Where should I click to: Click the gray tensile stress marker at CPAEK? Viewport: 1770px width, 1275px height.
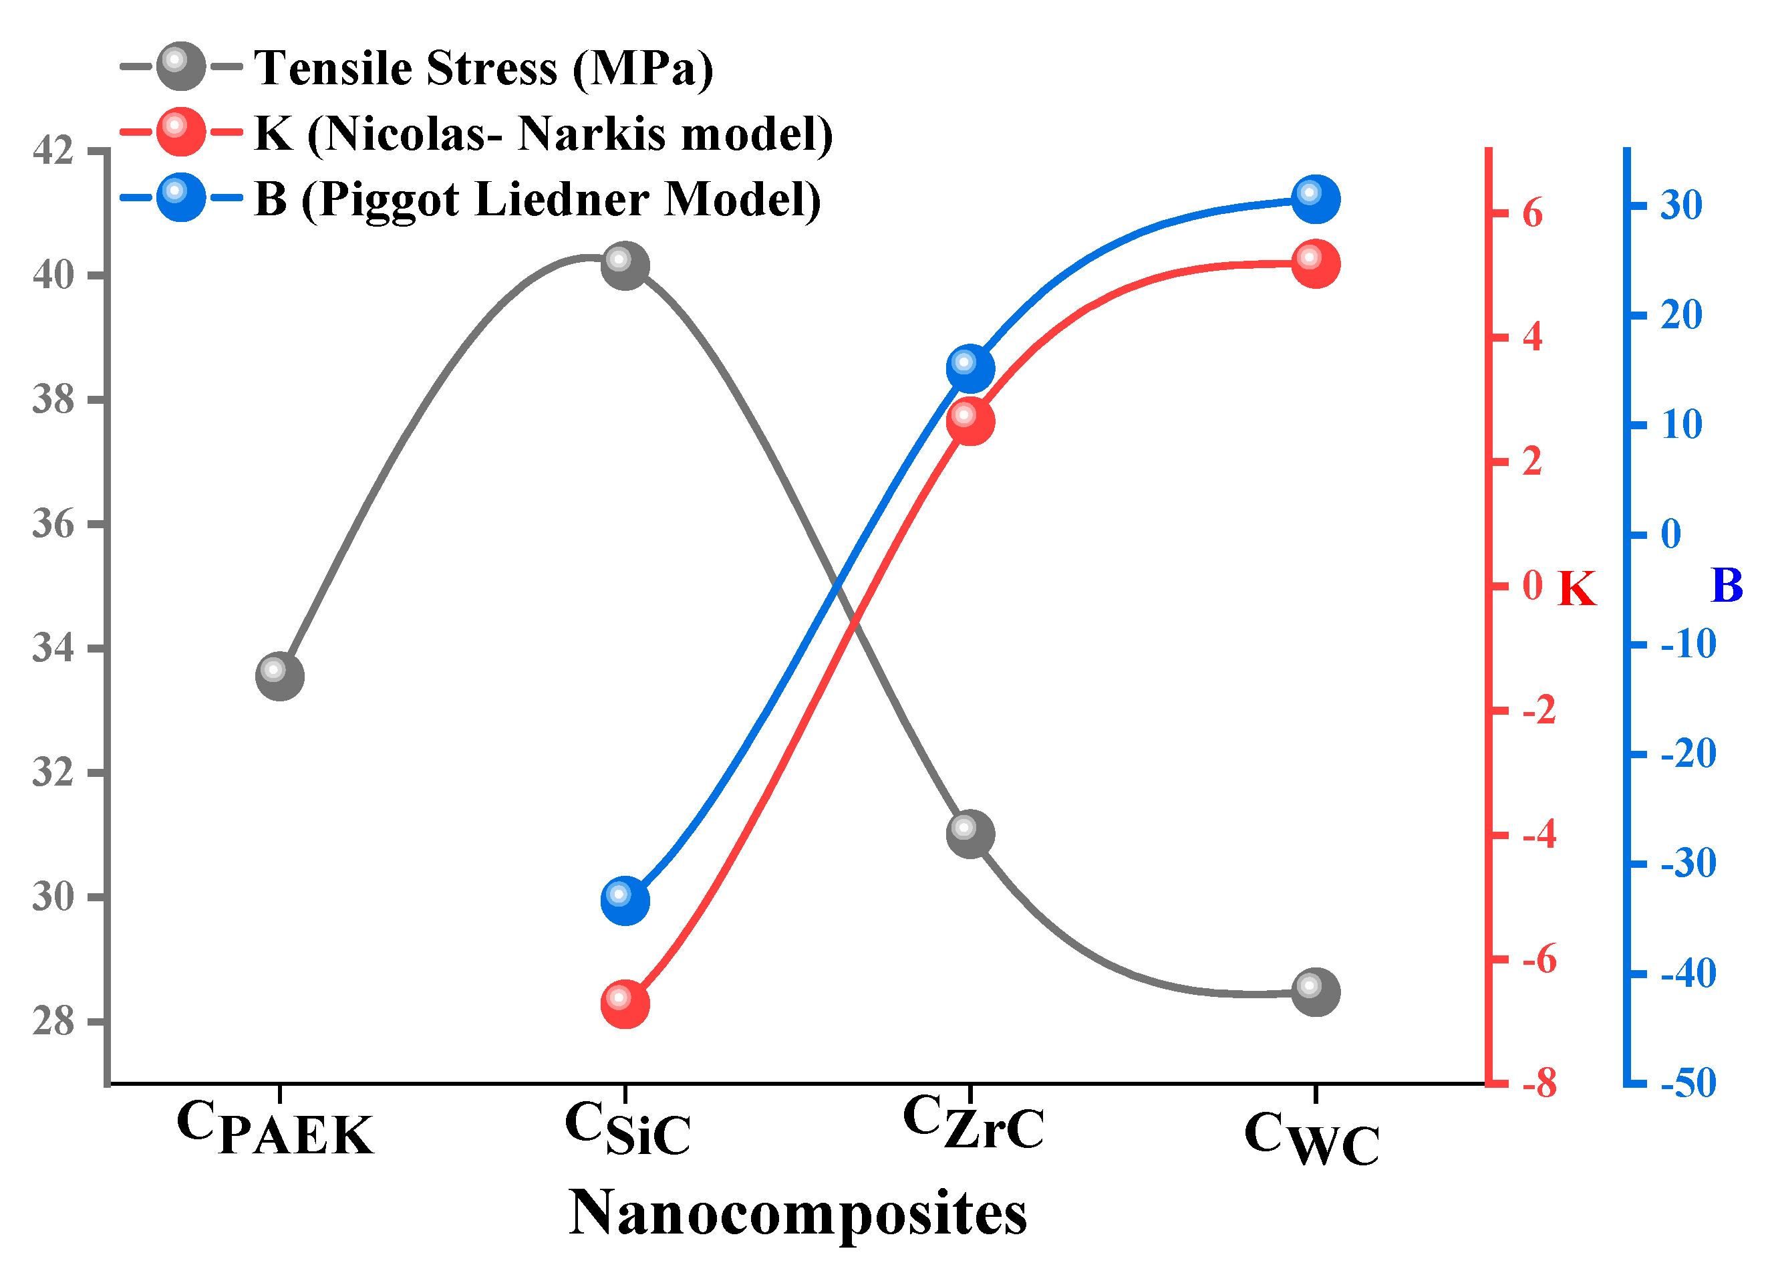pos(279,676)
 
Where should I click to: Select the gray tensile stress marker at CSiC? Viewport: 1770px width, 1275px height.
pos(625,265)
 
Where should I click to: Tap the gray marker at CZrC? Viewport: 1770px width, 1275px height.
pos(970,834)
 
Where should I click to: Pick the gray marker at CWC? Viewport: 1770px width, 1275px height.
pos(1316,992)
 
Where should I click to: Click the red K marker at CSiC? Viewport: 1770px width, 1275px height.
pos(625,1004)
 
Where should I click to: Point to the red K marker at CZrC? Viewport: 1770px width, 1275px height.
pos(970,421)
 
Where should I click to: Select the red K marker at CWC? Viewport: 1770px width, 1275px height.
pos(1316,264)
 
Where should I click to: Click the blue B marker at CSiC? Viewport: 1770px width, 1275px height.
pos(625,900)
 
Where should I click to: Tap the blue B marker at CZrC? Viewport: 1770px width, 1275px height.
pos(970,368)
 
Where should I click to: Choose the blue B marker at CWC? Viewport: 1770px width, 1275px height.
pos(1316,199)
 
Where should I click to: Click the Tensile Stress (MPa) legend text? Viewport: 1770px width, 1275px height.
pos(484,69)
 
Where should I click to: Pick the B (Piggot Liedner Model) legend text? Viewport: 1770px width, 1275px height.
pos(538,200)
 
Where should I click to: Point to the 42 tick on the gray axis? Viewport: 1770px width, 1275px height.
pos(53,150)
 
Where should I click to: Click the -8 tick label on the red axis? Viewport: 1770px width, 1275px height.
pos(1539,1084)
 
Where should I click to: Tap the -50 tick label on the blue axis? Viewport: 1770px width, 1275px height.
pos(1688,1083)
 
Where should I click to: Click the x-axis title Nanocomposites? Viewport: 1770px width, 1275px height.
pos(798,1213)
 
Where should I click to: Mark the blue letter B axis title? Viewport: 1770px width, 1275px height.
pos(1727,585)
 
